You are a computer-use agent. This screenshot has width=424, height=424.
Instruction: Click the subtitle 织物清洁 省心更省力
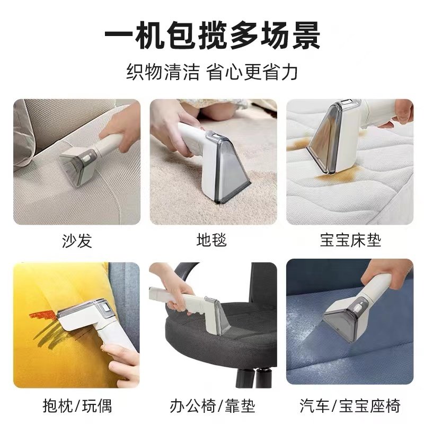212,71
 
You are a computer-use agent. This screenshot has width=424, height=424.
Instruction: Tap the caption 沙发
77,241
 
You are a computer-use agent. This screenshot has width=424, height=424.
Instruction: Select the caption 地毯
212,241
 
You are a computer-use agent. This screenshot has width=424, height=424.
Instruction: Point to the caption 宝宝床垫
350,241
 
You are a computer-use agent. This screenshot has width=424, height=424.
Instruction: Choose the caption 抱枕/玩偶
77,407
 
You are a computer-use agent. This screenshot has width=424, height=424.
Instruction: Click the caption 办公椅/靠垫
212,407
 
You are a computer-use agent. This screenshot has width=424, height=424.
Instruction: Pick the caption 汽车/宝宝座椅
350,407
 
